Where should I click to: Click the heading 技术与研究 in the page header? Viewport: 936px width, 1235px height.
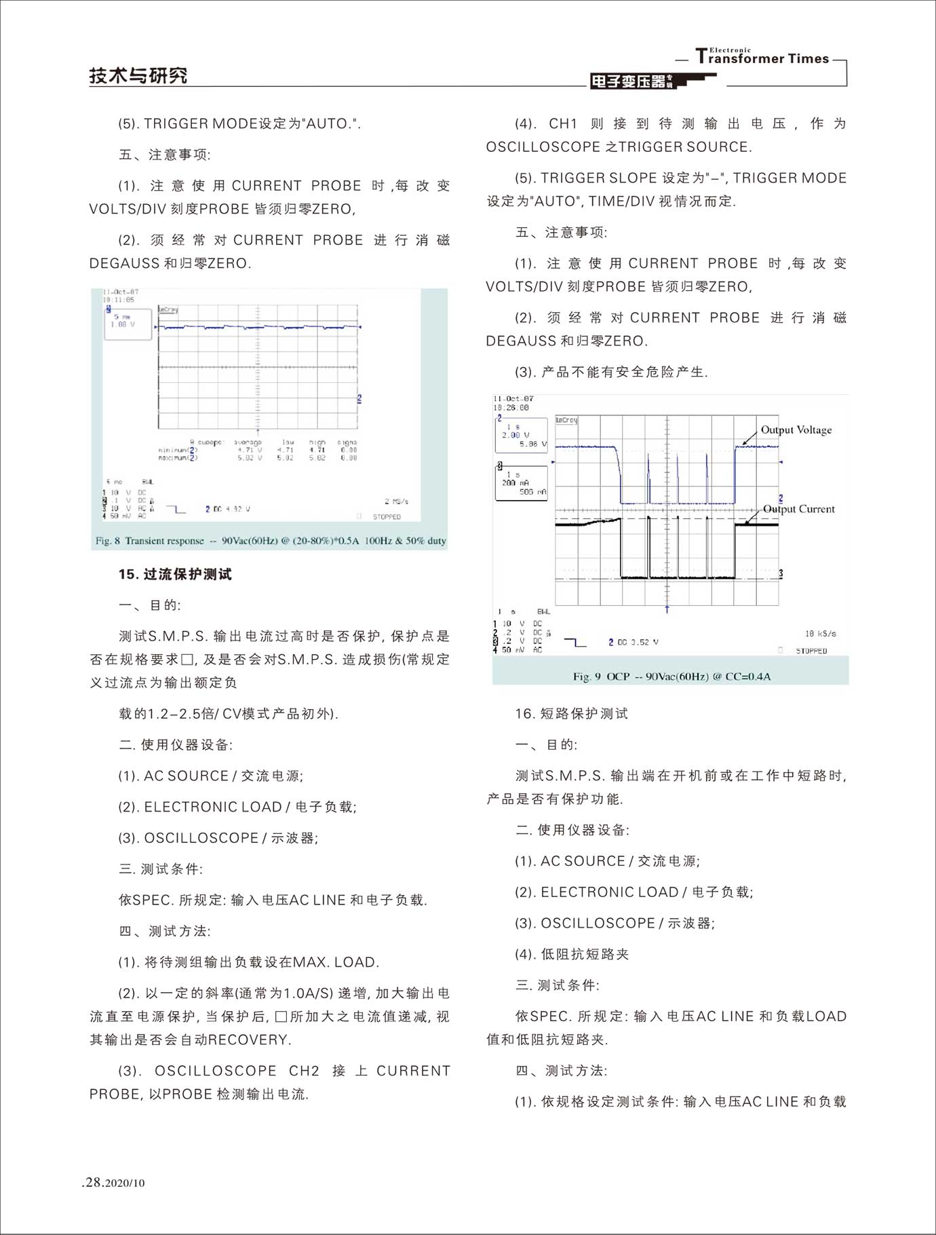tap(138, 75)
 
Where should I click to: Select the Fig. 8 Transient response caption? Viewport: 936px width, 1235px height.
tap(271, 541)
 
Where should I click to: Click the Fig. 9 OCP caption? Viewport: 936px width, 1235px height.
tap(671, 677)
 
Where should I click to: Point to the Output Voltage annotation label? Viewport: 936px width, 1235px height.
tap(796, 430)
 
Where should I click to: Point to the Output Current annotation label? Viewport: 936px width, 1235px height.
tap(798, 509)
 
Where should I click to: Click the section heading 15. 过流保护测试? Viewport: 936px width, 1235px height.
tap(175, 574)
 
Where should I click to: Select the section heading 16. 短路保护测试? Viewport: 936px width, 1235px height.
tap(572, 713)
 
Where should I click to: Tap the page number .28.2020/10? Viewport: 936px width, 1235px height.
tap(113, 1182)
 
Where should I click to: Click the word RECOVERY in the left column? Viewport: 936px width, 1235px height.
tap(249, 1040)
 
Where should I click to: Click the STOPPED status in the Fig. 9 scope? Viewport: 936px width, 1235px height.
tap(811, 651)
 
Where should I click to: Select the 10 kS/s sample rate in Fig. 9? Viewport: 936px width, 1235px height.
tap(820, 634)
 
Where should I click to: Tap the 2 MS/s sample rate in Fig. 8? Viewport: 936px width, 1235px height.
tap(396, 501)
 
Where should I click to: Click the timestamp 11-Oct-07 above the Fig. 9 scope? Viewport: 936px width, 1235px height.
tap(513, 399)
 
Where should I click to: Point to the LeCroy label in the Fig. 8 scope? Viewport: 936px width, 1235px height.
tap(168, 309)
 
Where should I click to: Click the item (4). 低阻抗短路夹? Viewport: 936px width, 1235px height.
tap(572, 954)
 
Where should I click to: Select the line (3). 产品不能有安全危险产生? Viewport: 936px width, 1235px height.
tap(611, 372)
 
